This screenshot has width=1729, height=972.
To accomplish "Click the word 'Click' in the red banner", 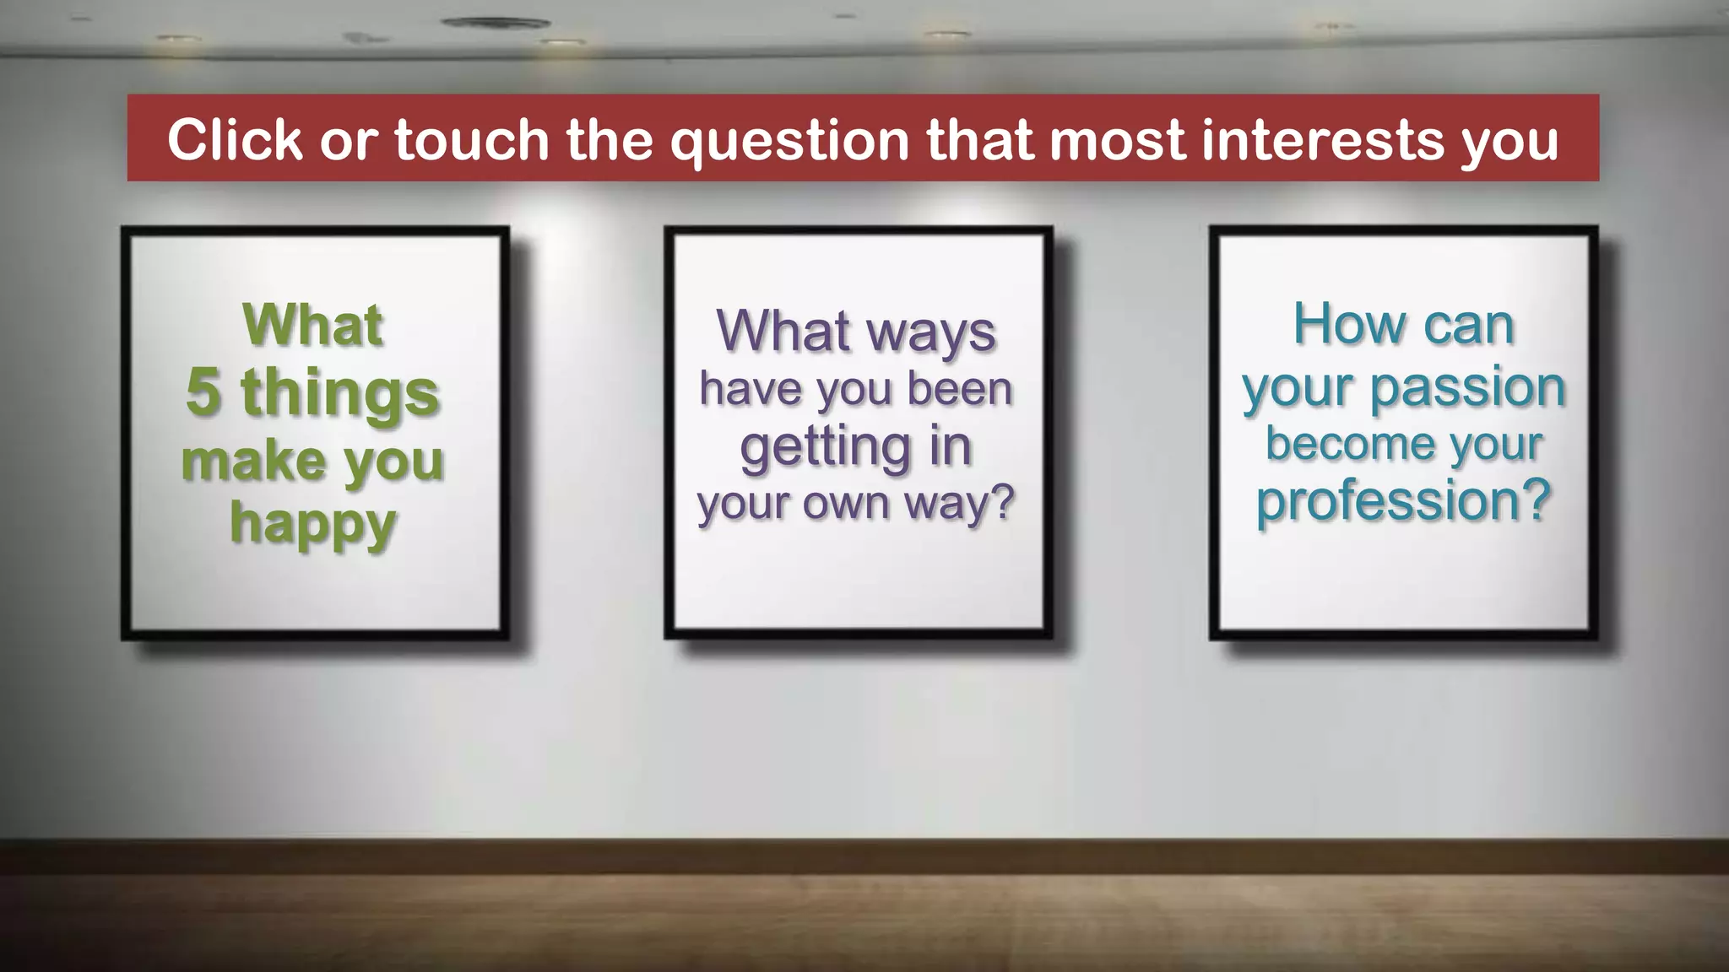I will tap(235, 139).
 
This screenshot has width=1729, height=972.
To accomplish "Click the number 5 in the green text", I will tap(203, 392).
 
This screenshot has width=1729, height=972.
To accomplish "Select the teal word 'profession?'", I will tap(1404, 501).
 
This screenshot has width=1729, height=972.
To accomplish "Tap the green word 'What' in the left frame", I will tap(313, 325).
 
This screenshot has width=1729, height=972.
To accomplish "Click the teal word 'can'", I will tap(1468, 326).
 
